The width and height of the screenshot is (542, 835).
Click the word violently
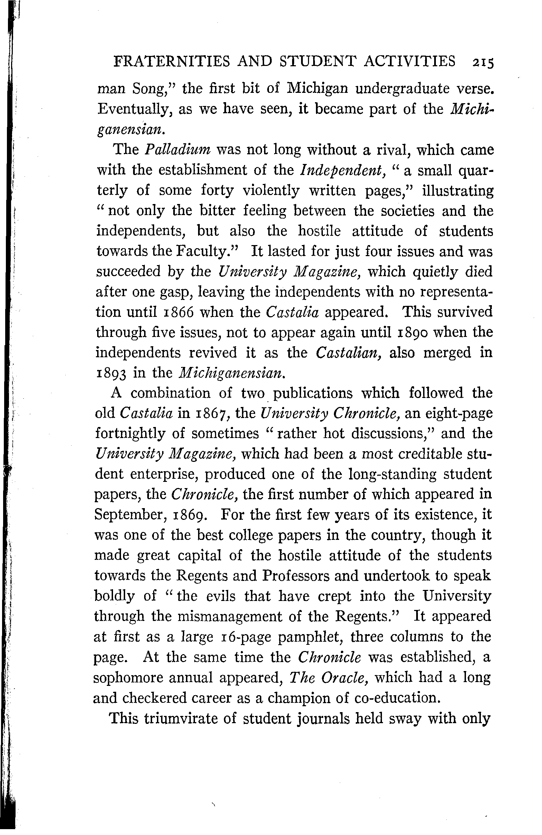[x=271, y=191]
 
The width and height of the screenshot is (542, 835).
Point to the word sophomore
[x=128, y=678]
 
